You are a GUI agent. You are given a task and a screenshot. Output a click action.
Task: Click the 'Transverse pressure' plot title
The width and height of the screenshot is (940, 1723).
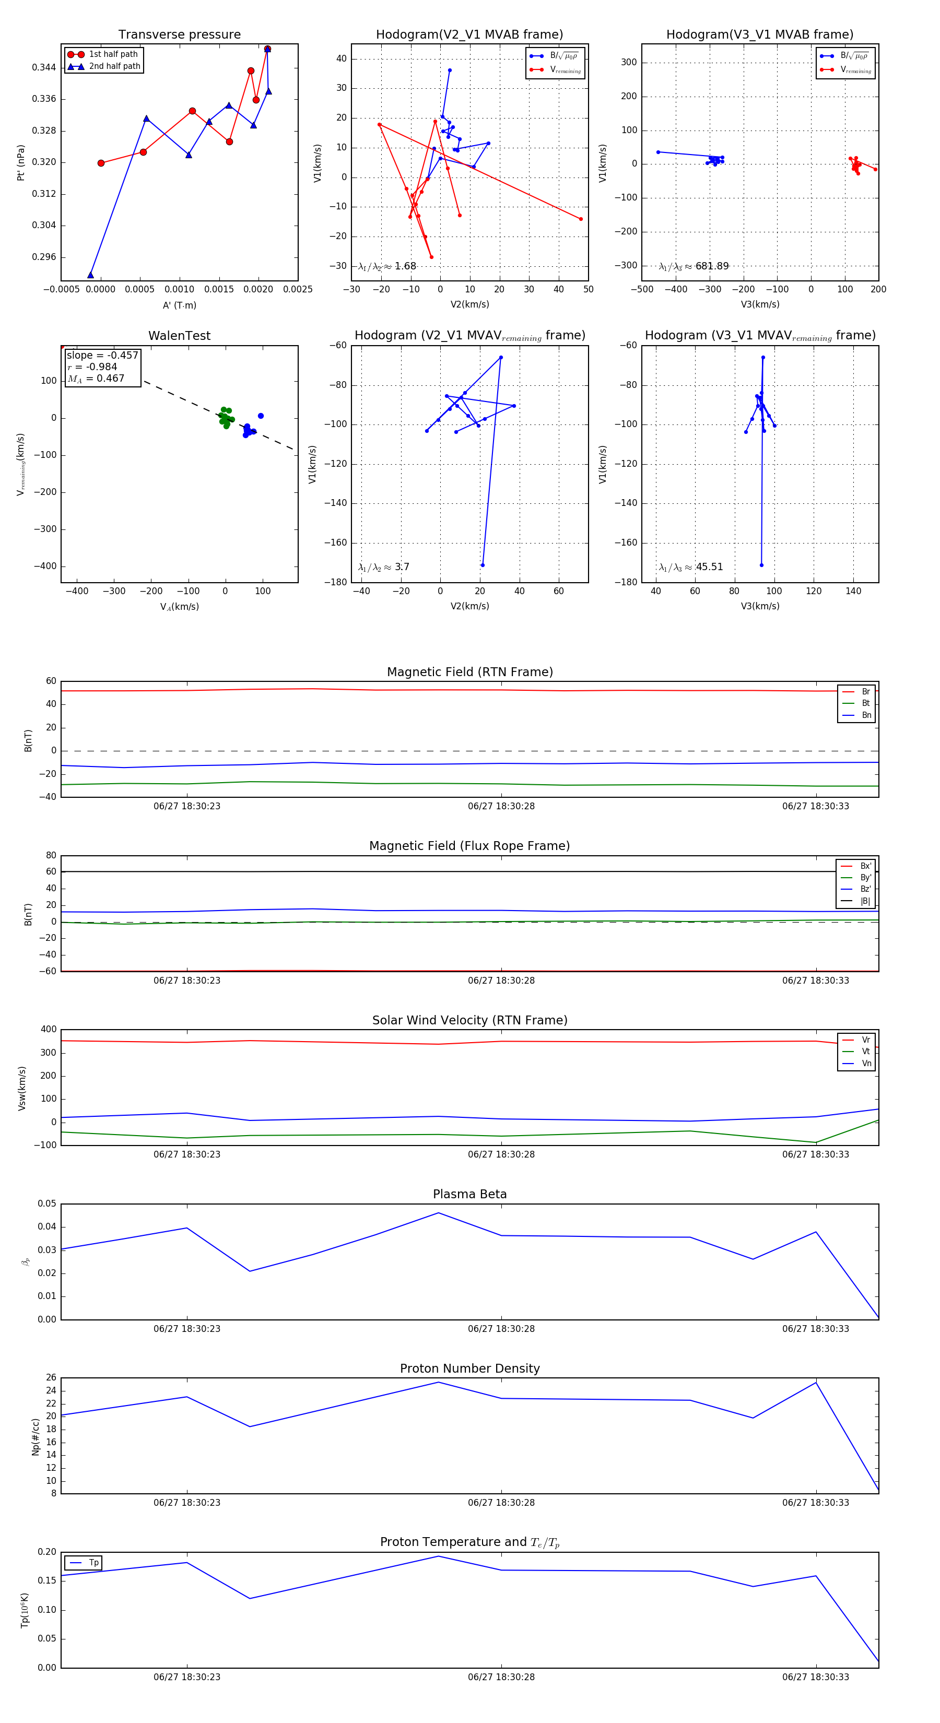[179, 35]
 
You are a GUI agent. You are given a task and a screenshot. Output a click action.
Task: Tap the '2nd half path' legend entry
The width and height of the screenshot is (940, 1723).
[114, 66]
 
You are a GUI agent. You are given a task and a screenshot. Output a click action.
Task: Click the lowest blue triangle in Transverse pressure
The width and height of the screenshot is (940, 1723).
[90, 275]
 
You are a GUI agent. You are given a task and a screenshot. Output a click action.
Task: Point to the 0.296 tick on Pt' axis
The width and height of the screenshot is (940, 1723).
[44, 257]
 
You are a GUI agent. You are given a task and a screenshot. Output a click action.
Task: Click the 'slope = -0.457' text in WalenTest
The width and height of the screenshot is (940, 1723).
[102, 355]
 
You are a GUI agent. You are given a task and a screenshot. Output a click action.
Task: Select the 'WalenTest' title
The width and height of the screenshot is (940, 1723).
[179, 336]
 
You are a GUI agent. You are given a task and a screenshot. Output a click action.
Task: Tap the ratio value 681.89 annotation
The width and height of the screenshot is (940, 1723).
[711, 266]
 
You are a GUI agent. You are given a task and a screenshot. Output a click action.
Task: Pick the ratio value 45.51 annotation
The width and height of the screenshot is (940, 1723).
[709, 567]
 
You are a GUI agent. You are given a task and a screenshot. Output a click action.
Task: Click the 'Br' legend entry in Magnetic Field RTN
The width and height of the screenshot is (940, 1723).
[866, 692]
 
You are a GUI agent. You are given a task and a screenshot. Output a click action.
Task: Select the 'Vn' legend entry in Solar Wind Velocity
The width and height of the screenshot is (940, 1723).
[866, 1064]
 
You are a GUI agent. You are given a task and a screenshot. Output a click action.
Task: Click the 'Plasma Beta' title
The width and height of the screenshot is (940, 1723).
[469, 1195]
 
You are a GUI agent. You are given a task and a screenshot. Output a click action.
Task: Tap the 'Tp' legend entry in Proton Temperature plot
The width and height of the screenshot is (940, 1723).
[93, 1563]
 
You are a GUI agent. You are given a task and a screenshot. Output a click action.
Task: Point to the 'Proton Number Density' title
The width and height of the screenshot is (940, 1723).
[469, 1368]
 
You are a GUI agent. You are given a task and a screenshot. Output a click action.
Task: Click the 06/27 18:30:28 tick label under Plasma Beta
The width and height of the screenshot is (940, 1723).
[501, 1329]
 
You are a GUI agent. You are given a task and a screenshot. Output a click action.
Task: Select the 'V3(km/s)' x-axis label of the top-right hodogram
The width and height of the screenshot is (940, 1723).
[760, 304]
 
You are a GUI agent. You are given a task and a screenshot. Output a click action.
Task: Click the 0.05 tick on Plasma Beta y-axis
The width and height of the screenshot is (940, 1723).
[47, 1204]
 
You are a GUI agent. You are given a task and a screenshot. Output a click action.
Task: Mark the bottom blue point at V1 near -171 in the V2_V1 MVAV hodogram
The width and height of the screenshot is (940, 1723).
[483, 565]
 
